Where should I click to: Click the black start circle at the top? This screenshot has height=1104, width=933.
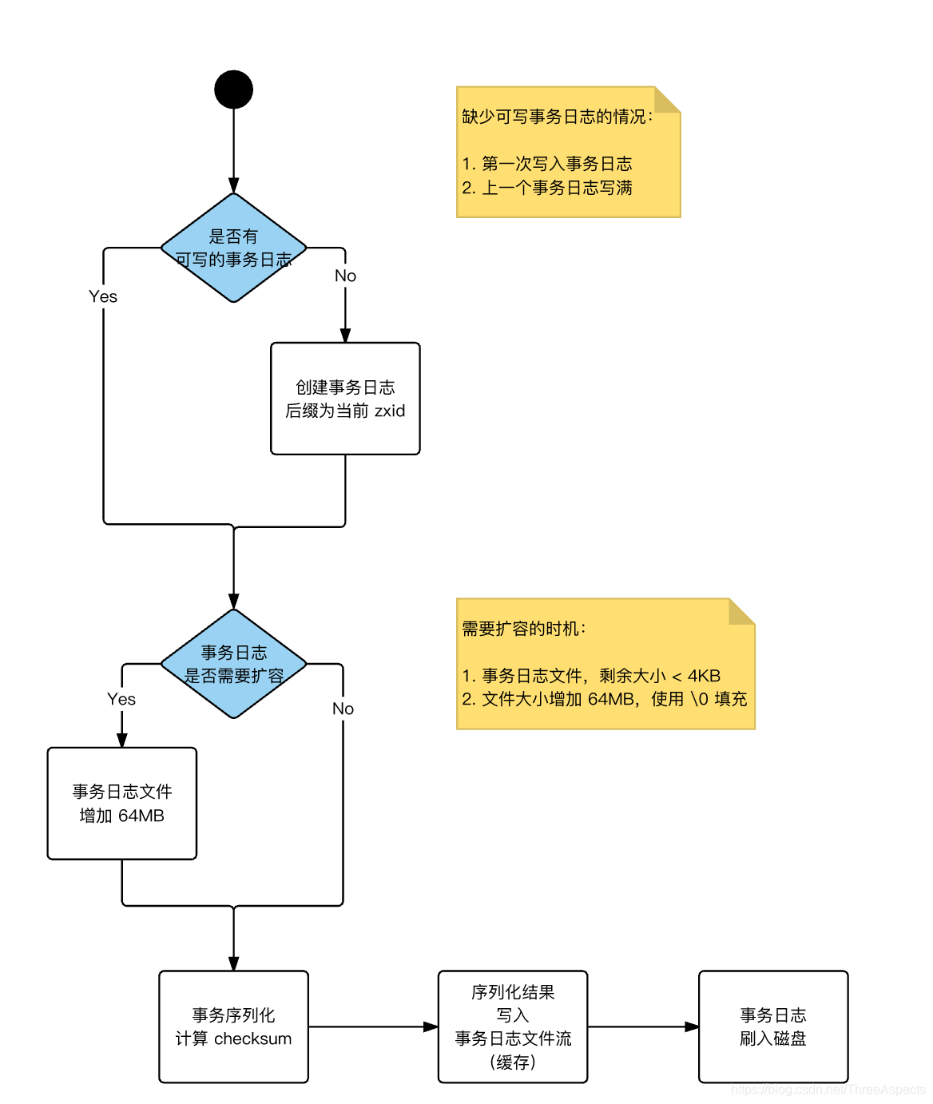[x=233, y=89]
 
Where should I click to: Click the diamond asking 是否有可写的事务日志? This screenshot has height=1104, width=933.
[x=233, y=248]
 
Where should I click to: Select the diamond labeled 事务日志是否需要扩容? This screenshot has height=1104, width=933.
[x=233, y=664]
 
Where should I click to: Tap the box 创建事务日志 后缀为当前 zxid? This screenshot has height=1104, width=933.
[x=345, y=399]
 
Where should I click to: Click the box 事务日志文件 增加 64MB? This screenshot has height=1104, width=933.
[x=121, y=804]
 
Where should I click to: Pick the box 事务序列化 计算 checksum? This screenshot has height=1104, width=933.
[x=233, y=1027]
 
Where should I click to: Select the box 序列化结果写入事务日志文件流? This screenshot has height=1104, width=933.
[x=513, y=1027]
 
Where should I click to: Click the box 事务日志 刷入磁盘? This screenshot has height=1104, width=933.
[x=772, y=1027]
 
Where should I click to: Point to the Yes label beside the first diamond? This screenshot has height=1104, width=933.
[x=103, y=296]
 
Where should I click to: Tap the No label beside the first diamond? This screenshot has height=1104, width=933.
[x=345, y=276]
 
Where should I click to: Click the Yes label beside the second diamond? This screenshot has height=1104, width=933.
[x=121, y=699]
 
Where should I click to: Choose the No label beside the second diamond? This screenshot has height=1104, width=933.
[x=343, y=709]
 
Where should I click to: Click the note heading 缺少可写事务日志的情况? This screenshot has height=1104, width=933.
[x=557, y=117]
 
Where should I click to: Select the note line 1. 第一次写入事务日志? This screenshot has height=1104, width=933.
[x=547, y=164]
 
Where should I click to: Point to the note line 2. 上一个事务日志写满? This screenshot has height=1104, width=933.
[x=547, y=188]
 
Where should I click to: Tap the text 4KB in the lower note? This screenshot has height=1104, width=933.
[x=704, y=676]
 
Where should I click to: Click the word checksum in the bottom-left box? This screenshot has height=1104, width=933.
[x=252, y=1038]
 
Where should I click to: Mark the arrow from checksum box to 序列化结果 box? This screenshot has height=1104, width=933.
[x=373, y=1027]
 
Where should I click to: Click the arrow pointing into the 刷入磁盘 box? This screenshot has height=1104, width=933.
[x=643, y=1027]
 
